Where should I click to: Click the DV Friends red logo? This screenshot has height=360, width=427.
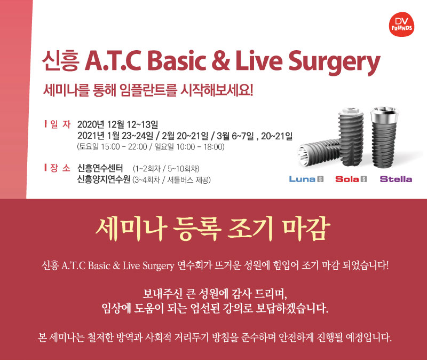tap(401, 24)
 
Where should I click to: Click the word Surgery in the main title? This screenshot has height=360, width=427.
tap(334, 62)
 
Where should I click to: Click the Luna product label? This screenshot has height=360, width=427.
tap(306, 179)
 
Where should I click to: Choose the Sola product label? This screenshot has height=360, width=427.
tap(351, 179)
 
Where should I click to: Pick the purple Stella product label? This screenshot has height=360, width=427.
tap(396, 179)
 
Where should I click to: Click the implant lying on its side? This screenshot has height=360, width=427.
tap(319, 152)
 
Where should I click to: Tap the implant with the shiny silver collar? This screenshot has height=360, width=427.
tap(384, 136)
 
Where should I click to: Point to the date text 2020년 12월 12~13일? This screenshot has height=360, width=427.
tap(117, 124)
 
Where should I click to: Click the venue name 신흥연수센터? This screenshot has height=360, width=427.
tap(100, 168)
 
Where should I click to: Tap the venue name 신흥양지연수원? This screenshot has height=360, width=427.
tap(104, 179)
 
